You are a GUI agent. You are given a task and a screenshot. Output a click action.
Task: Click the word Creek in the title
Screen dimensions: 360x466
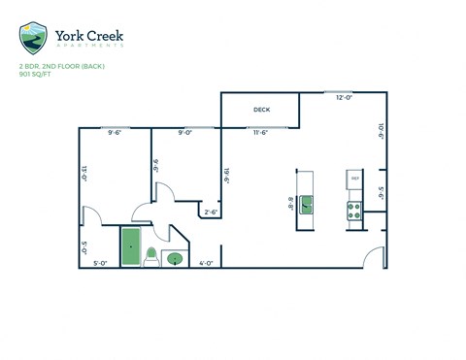tap(102, 37)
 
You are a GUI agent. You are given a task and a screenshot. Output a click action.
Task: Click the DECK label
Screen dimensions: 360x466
tap(261, 110)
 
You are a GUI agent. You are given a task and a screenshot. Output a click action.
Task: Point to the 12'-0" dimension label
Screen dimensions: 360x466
tap(344, 98)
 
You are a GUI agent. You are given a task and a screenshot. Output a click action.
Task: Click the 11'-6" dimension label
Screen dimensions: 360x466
tap(260, 133)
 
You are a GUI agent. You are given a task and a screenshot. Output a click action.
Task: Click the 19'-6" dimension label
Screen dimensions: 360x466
tap(226, 175)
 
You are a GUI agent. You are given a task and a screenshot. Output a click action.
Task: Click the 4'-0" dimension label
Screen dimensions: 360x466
tap(206, 262)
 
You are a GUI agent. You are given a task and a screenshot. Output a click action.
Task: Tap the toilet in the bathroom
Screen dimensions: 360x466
tap(151, 256)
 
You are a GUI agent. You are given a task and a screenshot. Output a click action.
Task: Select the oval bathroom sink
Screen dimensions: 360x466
tap(175, 258)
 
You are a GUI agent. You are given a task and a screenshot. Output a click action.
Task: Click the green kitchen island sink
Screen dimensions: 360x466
tap(307, 204)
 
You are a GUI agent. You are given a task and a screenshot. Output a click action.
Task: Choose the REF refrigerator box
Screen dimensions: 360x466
tap(354, 180)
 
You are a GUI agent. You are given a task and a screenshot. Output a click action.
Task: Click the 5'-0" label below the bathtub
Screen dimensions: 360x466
tap(100, 262)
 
